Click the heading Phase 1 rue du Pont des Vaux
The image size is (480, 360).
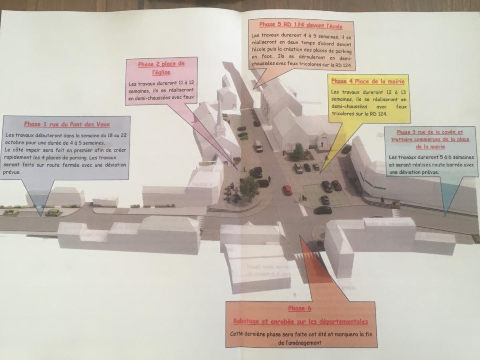67,124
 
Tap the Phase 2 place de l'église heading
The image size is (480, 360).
161,68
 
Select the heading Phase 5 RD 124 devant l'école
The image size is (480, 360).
301,25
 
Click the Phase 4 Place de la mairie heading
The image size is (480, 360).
368,81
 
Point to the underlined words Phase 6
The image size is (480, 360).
300,308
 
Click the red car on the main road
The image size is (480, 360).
287,190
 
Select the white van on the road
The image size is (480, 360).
258,146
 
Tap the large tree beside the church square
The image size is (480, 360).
249,188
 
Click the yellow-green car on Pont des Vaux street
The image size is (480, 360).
52,213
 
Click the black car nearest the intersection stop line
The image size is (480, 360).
323,210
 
